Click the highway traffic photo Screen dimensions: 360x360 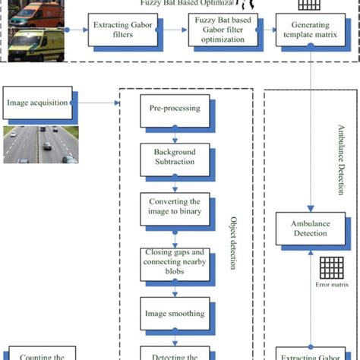coord(39,145)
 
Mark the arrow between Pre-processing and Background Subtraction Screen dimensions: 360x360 coord(175,135)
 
